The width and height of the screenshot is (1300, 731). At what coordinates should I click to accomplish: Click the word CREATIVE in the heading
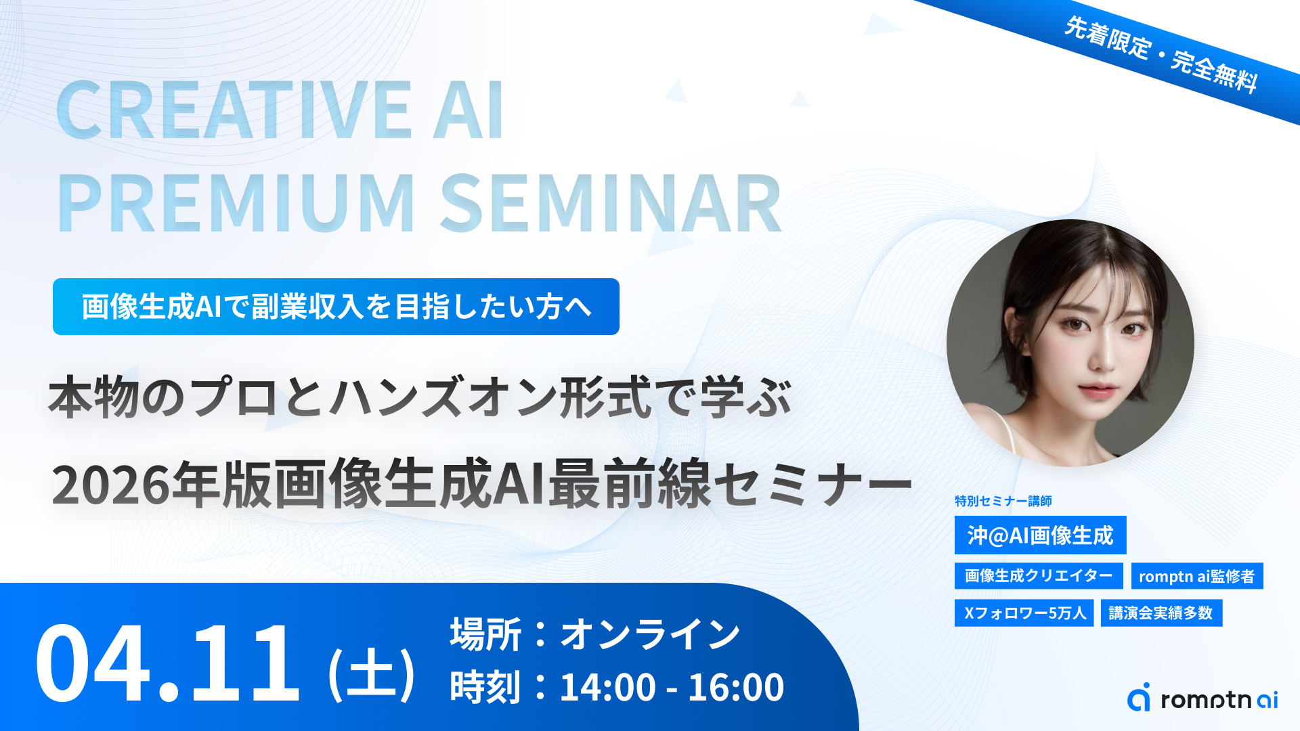coord(234,110)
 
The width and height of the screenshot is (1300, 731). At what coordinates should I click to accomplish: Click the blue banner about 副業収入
coord(336,307)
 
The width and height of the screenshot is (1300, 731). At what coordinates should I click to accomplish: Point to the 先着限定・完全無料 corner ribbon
coord(1161,54)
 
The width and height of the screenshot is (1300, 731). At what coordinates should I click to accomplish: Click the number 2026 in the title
coord(111,485)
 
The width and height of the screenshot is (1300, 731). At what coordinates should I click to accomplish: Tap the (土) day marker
coord(371,673)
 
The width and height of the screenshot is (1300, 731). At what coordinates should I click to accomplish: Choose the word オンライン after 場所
coord(650,634)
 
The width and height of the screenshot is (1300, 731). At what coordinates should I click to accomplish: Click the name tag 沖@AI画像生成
coord(1040,535)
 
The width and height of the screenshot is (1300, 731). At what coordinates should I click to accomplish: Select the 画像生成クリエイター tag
coord(1039,576)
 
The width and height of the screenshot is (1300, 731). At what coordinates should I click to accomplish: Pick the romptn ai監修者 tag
coord(1196,576)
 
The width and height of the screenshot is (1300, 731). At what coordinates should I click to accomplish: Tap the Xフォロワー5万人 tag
coord(1024,613)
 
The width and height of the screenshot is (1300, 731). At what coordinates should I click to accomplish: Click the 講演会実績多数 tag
coord(1161,613)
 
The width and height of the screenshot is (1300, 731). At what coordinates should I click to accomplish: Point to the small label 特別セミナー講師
coord(1003,501)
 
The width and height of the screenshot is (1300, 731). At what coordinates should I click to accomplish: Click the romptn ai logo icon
coord(1139,697)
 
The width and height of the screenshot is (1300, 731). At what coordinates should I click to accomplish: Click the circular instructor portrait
coord(1070,342)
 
